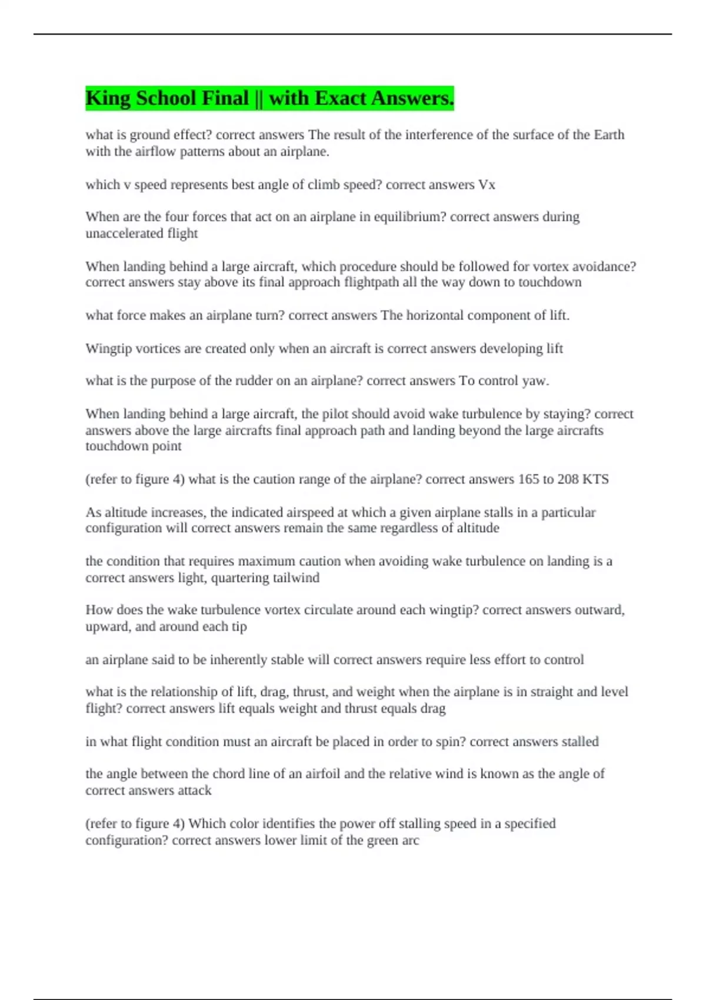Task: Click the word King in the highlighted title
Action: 108,98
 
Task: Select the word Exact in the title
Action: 341,98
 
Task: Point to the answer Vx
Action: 487,185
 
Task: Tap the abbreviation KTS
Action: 595,479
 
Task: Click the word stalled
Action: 580,741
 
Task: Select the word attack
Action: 194,790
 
